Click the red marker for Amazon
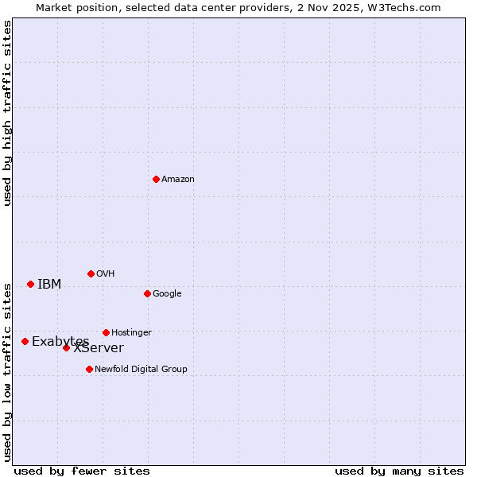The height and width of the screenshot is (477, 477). pyautogui.click(x=156, y=179)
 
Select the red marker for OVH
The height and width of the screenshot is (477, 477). pyautogui.click(x=91, y=273)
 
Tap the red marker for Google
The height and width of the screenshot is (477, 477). pyautogui.click(x=147, y=293)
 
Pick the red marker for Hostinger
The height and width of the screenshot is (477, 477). pyautogui.click(x=106, y=332)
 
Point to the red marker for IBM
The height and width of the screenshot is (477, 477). pyautogui.click(x=30, y=284)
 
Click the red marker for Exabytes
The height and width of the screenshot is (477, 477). pyautogui.click(x=25, y=341)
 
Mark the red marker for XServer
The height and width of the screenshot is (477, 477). pyautogui.click(x=66, y=347)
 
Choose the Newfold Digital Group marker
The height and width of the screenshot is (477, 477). pyautogui.click(x=89, y=369)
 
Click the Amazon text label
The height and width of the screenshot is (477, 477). pyautogui.click(x=178, y=180)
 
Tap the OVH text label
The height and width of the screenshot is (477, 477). pyautogui.click(x=106, y=274)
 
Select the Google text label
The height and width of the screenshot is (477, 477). pyautogui.click(x=167, y=294)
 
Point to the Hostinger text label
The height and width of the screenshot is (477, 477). pyautogui.click(x=131, y=333)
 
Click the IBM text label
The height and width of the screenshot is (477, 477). pyautogui.click(x=49, y=285)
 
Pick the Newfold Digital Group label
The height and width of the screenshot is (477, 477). pyautogui.click(x=141, y=370)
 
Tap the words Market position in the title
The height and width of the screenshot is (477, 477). pyautogui.click(x=71, y=7)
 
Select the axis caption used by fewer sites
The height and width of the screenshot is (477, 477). pyautogui.click(x=82, y=471)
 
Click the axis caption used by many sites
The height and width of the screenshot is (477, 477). pyautogui.click(x=399, y=471)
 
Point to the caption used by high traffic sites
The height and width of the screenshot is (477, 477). pyautogui.click(x=7, y=113)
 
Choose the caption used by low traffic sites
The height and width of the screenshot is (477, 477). pyautogui.click(x=7, y=371)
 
